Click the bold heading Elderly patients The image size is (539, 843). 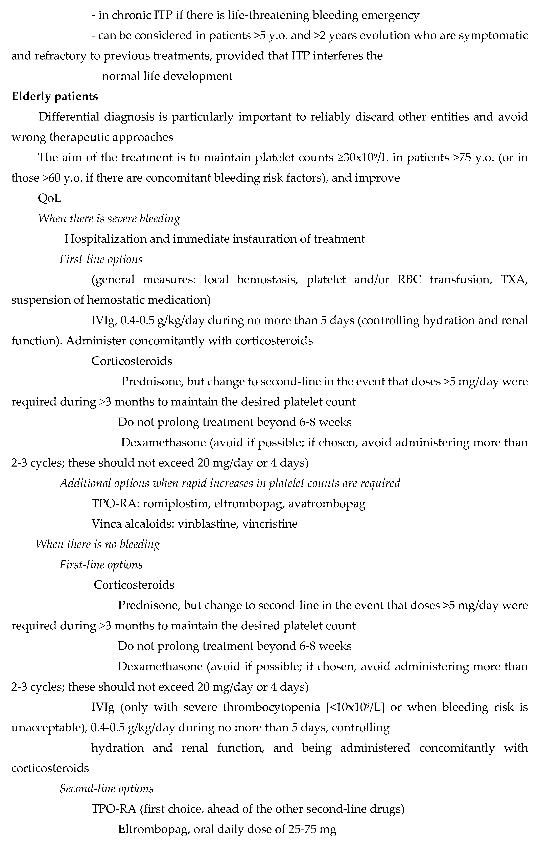55,96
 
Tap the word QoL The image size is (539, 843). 49,198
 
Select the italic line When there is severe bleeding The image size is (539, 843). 109,218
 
